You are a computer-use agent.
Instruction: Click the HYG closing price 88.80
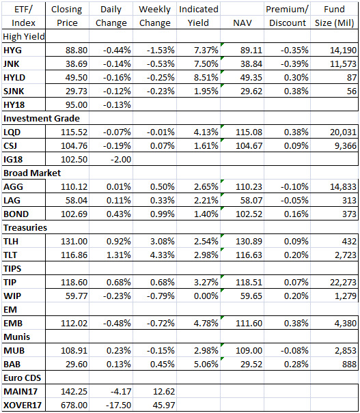[76, 50]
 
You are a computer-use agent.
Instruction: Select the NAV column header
[243, 23]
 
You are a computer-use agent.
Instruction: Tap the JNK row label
[12, 63]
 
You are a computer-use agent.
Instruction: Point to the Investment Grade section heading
[42, 119]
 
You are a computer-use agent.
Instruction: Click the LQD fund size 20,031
[343, 132]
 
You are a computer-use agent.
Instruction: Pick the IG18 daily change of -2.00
[121, 159]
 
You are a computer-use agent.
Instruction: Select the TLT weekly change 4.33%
[163, 255]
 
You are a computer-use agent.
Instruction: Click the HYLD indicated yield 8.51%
[206, 77]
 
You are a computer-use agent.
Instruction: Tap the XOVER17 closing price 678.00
[74, 405]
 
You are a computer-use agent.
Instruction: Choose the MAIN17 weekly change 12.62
[164, 391]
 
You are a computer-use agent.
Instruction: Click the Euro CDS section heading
[22, 378]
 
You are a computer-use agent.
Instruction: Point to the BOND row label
[16, 214]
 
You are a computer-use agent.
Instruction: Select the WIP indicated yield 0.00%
[206, 296]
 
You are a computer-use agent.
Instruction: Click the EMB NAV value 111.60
[249, 323]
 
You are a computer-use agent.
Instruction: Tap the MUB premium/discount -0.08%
[294, 351]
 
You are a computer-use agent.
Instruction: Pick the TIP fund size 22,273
[343, 282]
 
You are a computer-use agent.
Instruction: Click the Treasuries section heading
[25, 227]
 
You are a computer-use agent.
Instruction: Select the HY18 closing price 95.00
[76, 105]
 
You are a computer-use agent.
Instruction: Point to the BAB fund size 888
[349, 365]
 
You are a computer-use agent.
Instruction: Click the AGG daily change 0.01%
[119, 187]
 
